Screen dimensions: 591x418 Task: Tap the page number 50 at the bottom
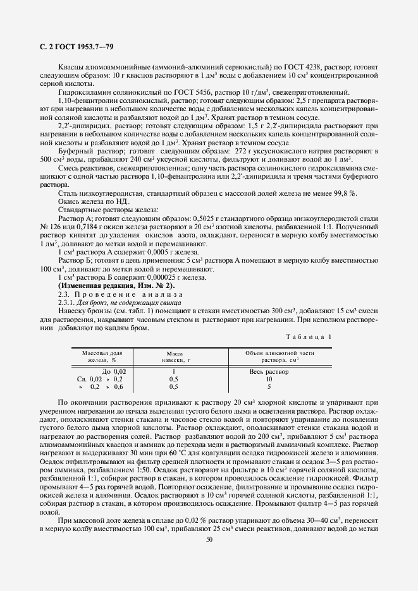coord(209,539)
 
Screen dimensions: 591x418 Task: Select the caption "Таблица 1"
coord(309,337)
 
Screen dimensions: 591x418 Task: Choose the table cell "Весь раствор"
coord(269,371)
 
